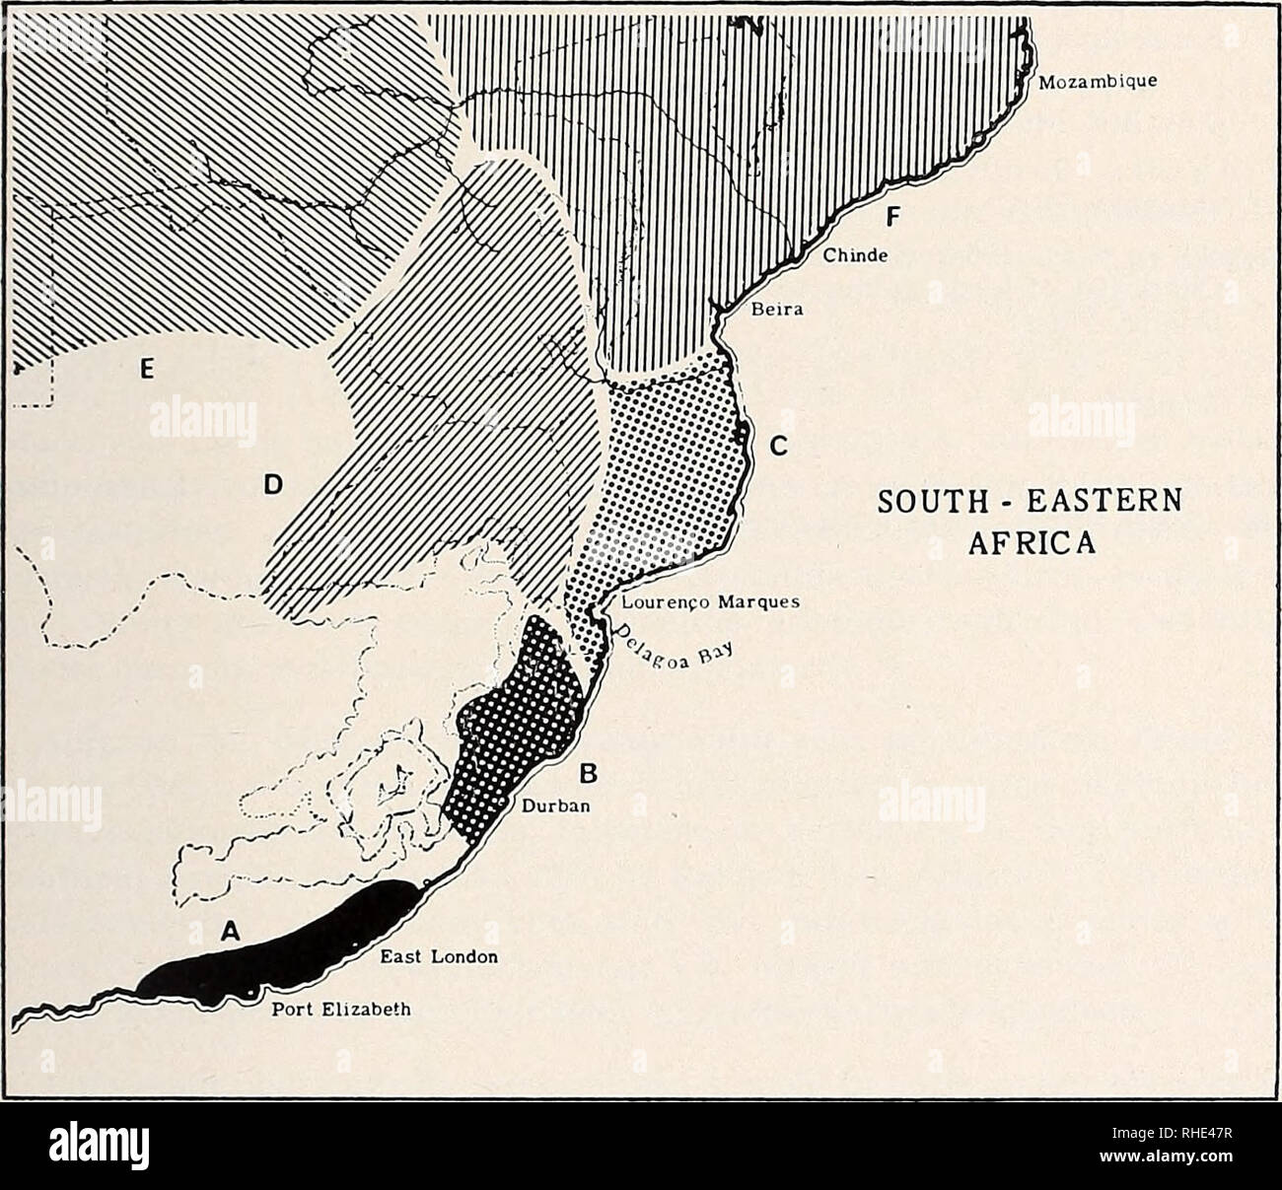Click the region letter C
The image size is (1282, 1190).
[x=777, y=447]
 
